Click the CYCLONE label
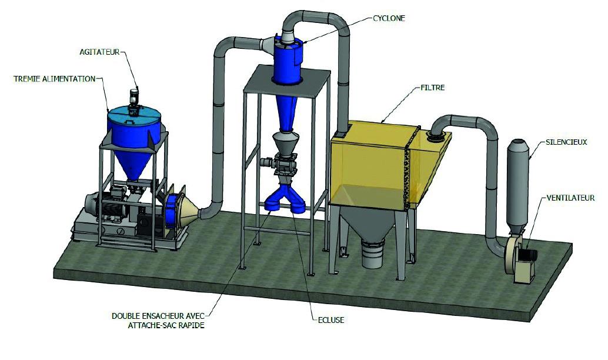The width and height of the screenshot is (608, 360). coord(389,18)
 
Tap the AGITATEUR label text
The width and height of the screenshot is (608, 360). coord(99,52)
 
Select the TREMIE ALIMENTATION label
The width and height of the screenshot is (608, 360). coord(54,79)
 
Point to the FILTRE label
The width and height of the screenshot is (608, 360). coord(432,88)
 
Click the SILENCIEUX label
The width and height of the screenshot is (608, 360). coord(566,142)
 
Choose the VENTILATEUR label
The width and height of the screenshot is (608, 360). coord(570,198)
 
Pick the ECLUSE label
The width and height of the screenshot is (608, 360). coord(331,320)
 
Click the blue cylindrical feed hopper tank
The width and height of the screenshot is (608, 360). coord(134,128)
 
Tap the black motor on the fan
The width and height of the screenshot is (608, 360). coord(529,255)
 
